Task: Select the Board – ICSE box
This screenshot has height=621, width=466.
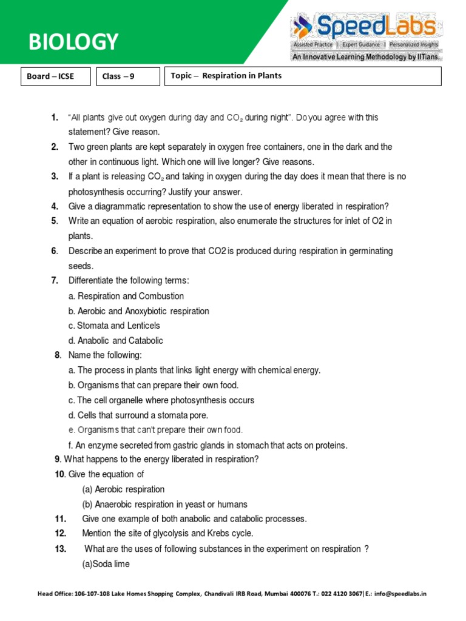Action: [50, 76]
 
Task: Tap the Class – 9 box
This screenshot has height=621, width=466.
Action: [120, 76]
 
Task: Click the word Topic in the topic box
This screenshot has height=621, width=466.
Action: [181, 76]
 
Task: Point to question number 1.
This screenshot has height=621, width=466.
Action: [55, 117]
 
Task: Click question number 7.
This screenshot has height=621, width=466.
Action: [55, 280]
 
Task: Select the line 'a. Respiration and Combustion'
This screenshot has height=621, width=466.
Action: [126, 296]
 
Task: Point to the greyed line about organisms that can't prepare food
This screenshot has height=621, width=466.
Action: [155, 430]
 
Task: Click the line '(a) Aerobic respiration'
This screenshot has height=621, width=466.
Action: [124, 489]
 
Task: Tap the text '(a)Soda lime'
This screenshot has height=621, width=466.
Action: [106, 563]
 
